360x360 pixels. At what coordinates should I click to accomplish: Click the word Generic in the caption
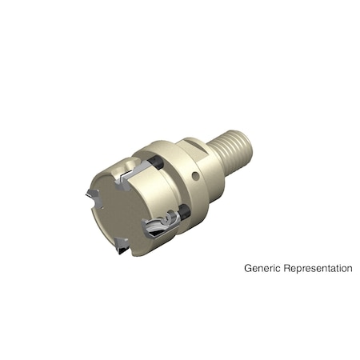click(x=263, y=269)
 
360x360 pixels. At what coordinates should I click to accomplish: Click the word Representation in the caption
click(x=318, y=269)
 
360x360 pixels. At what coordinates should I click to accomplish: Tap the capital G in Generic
click(x=248, y=269)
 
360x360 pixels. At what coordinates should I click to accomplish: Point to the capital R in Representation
click(x=288, y=269)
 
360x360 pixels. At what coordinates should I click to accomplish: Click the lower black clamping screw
click(x=185, y=213)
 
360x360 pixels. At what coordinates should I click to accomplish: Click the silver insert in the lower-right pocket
click(x=160, y=227)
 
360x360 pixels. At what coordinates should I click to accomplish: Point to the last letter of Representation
click(x=350, y=269)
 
